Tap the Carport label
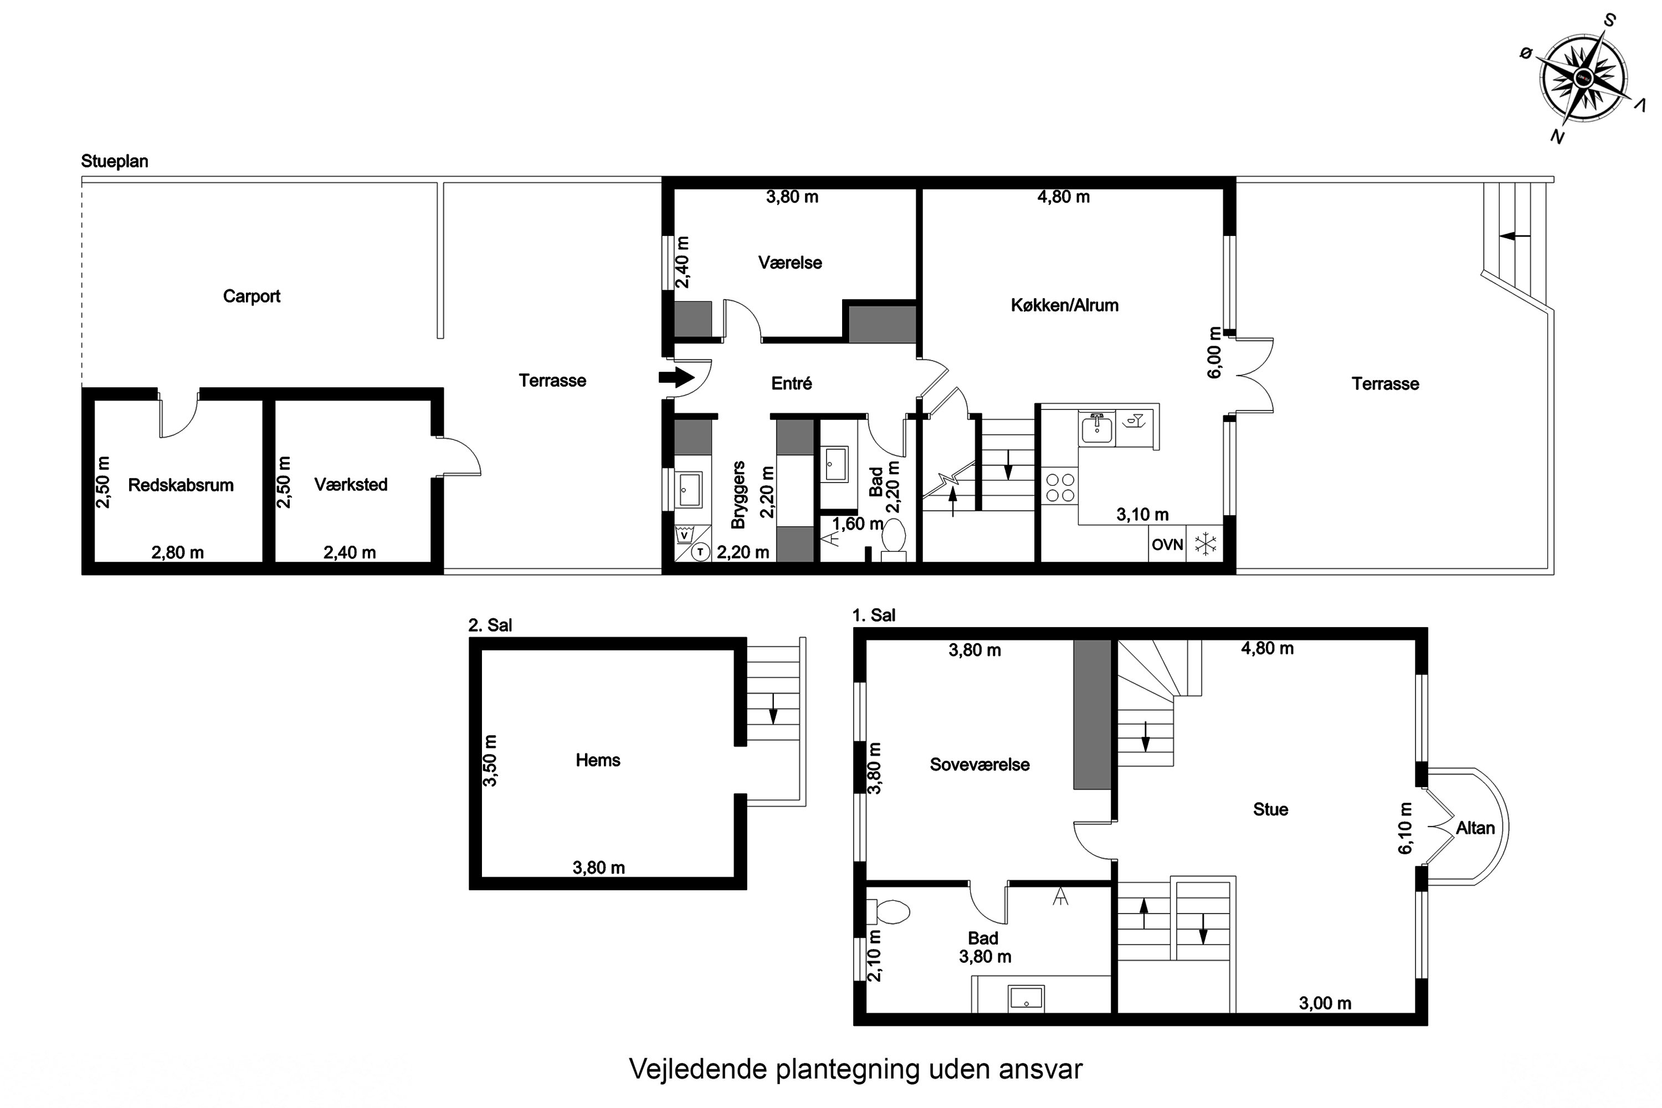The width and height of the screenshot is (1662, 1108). (x=252, y=296)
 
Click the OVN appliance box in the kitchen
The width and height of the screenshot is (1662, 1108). (x=1167, y=545)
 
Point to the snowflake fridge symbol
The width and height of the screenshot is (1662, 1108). (x=1206, y=545)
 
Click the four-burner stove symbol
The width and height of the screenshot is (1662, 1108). (x=1060, y=488)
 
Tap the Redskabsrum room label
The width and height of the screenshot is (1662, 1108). (x=181, y=485)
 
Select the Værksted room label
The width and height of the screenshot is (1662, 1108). (x=351, y=485)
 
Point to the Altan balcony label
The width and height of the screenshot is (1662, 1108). (x=1475, y=828)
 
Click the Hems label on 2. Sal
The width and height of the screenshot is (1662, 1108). (x=598, y=760)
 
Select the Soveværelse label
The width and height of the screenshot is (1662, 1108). (x=979, y=765)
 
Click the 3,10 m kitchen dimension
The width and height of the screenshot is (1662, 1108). (x=1142, y=515)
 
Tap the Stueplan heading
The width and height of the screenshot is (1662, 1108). (x=115, y=161)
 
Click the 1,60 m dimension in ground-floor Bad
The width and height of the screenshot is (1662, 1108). (x=857, y=524)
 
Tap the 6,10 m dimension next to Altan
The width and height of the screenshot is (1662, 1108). (x=1405, y=828)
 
